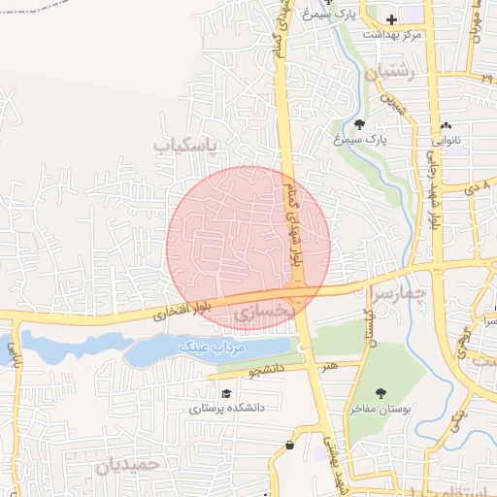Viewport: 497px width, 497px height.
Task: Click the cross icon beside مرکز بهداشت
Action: pos(391,18)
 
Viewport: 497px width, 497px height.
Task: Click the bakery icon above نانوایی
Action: pos(446,126)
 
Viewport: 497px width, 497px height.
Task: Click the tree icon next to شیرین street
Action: pos(360,124)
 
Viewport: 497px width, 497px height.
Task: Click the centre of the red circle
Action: pos(248,248)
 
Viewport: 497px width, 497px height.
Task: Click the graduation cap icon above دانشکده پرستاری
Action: pos(226,394)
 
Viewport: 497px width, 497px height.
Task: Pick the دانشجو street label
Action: pos(268,370)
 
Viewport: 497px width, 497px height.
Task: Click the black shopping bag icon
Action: pos(289,446)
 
